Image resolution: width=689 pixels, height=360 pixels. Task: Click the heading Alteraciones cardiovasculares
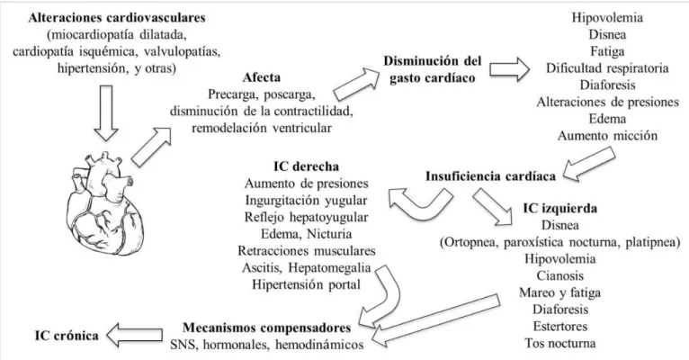[117, 18]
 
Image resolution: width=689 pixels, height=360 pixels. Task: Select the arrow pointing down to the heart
[106, 113]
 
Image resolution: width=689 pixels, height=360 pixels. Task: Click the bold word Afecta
[262, 77]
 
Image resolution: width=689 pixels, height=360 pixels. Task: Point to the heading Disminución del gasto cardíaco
[433, 69]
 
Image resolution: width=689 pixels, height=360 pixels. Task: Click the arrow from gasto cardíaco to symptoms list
[510, 69]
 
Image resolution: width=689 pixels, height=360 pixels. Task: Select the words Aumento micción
[608, 135]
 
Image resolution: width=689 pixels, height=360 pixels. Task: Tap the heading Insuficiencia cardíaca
[490, 176]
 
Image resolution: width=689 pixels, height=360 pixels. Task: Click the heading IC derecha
[306, 166]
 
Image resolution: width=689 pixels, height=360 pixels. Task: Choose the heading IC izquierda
[559, 208]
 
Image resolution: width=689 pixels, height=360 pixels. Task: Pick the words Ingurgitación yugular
[306, 201]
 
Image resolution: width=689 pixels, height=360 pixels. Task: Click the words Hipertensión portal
[306, 284]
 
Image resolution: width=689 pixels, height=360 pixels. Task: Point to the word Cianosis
[559, 275]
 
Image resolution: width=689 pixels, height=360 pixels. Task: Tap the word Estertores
[559, 326]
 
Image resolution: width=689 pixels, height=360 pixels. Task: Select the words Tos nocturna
[559, 343]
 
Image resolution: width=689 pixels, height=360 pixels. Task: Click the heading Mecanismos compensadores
[267, 328]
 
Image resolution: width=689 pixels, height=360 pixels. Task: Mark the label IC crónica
[67, 336]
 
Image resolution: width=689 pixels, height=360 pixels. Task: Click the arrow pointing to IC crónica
[134, 335]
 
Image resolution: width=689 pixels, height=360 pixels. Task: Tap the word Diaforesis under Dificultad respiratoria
[608, 85]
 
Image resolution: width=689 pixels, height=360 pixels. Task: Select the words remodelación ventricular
[262, 128]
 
